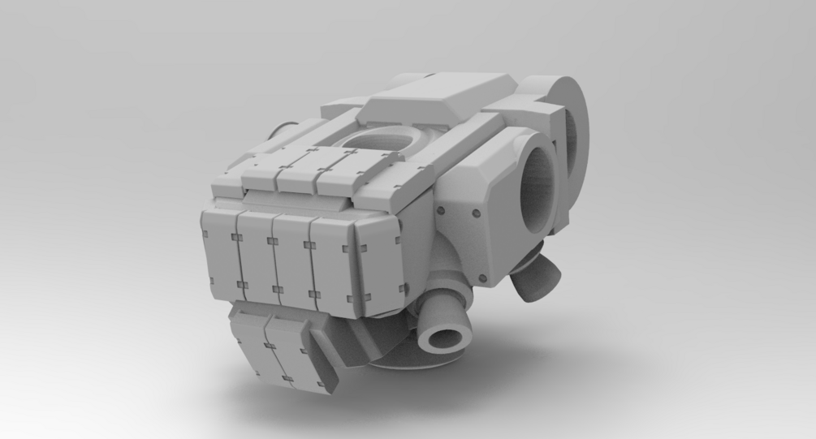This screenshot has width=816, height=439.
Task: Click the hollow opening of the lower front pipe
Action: pyautogui.click(x=444, y=336)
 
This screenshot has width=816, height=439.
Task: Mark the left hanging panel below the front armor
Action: pyautogui.click(x=248, y=348)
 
